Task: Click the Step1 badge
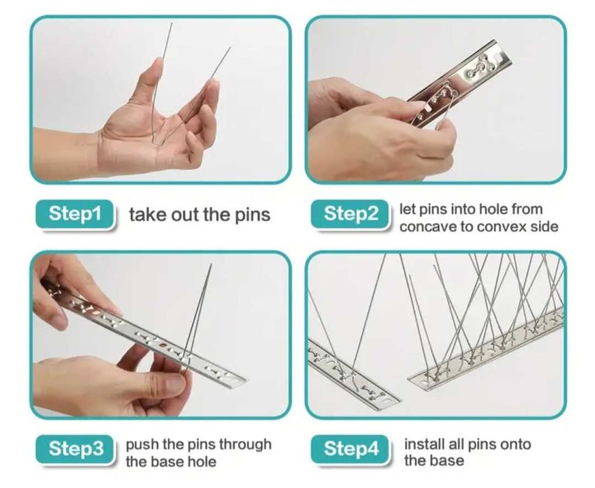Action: tap(75, 214)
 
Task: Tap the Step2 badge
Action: tap(350, 214)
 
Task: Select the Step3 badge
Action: tap(75, 450)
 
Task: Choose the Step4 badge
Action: tap(350, 450)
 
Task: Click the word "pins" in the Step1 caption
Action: tap(253, 215)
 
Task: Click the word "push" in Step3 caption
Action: tap(142, 445)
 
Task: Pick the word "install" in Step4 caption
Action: tap(424, 443)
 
